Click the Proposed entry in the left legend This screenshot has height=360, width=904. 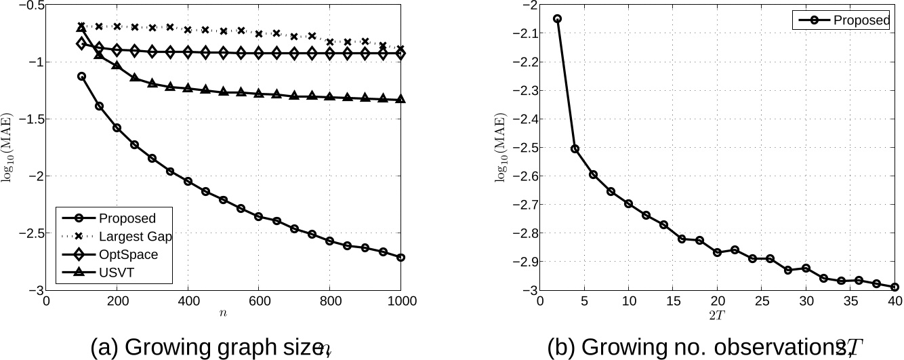[x=127, y=218]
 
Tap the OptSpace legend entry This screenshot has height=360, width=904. [x=128, y=255]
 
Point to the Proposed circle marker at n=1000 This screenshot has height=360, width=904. [x=400, y=258]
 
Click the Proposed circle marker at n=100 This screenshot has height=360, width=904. [x=82, y=77]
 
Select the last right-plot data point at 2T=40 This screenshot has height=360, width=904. [x=895, y=287]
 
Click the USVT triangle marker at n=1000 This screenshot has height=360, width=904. [x=400, y=100]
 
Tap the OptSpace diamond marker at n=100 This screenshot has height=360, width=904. [x=82, y=44]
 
